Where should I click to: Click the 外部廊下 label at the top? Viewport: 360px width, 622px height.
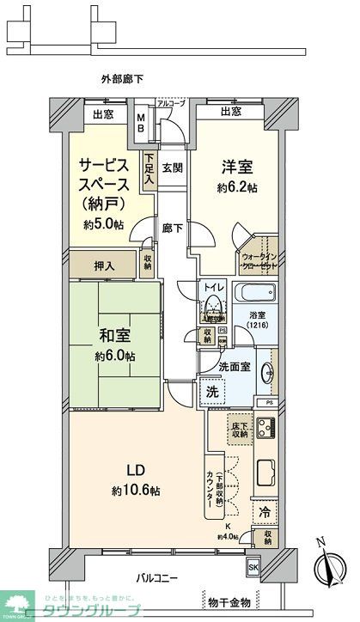122,79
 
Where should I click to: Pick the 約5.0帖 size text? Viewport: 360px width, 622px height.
103,224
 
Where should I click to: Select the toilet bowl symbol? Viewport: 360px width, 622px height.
211,308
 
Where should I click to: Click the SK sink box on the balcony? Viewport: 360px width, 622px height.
253,569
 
